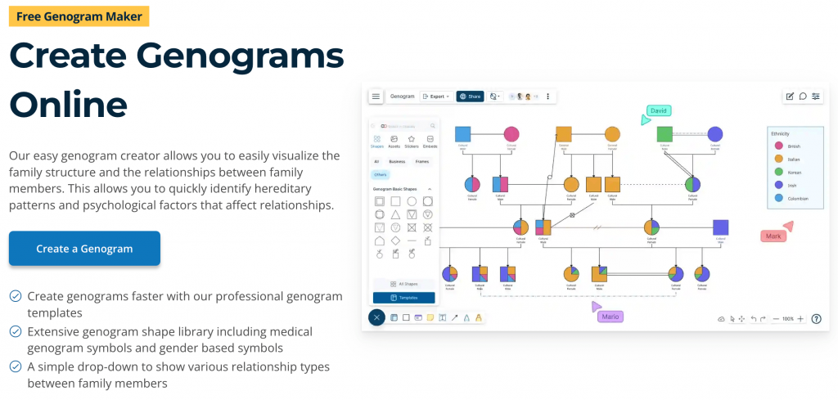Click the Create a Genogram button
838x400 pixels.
(84, 249)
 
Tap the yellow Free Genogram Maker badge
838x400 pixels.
(79, 16)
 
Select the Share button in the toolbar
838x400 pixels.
(470, 97)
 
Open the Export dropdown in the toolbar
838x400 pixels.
(435, 97)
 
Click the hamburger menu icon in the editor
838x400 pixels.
(376, 97)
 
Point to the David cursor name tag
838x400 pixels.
(659, 110)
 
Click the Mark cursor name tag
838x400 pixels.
(773, 236)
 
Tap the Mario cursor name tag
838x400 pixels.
(610, 317)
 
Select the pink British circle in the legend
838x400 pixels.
(778, 146)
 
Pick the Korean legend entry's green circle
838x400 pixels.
(778, 172)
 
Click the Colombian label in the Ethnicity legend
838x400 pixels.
(798, 199)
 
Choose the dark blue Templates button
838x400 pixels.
(404, 298)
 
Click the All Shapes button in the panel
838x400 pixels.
(404, 283)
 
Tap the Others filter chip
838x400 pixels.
(380, 175)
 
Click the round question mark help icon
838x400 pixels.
(815, 319)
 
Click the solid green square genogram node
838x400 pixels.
(665, 134)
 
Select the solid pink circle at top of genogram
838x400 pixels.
(511, 134)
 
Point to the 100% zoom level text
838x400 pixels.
(787, 319)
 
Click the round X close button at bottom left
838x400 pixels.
(376, 317)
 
